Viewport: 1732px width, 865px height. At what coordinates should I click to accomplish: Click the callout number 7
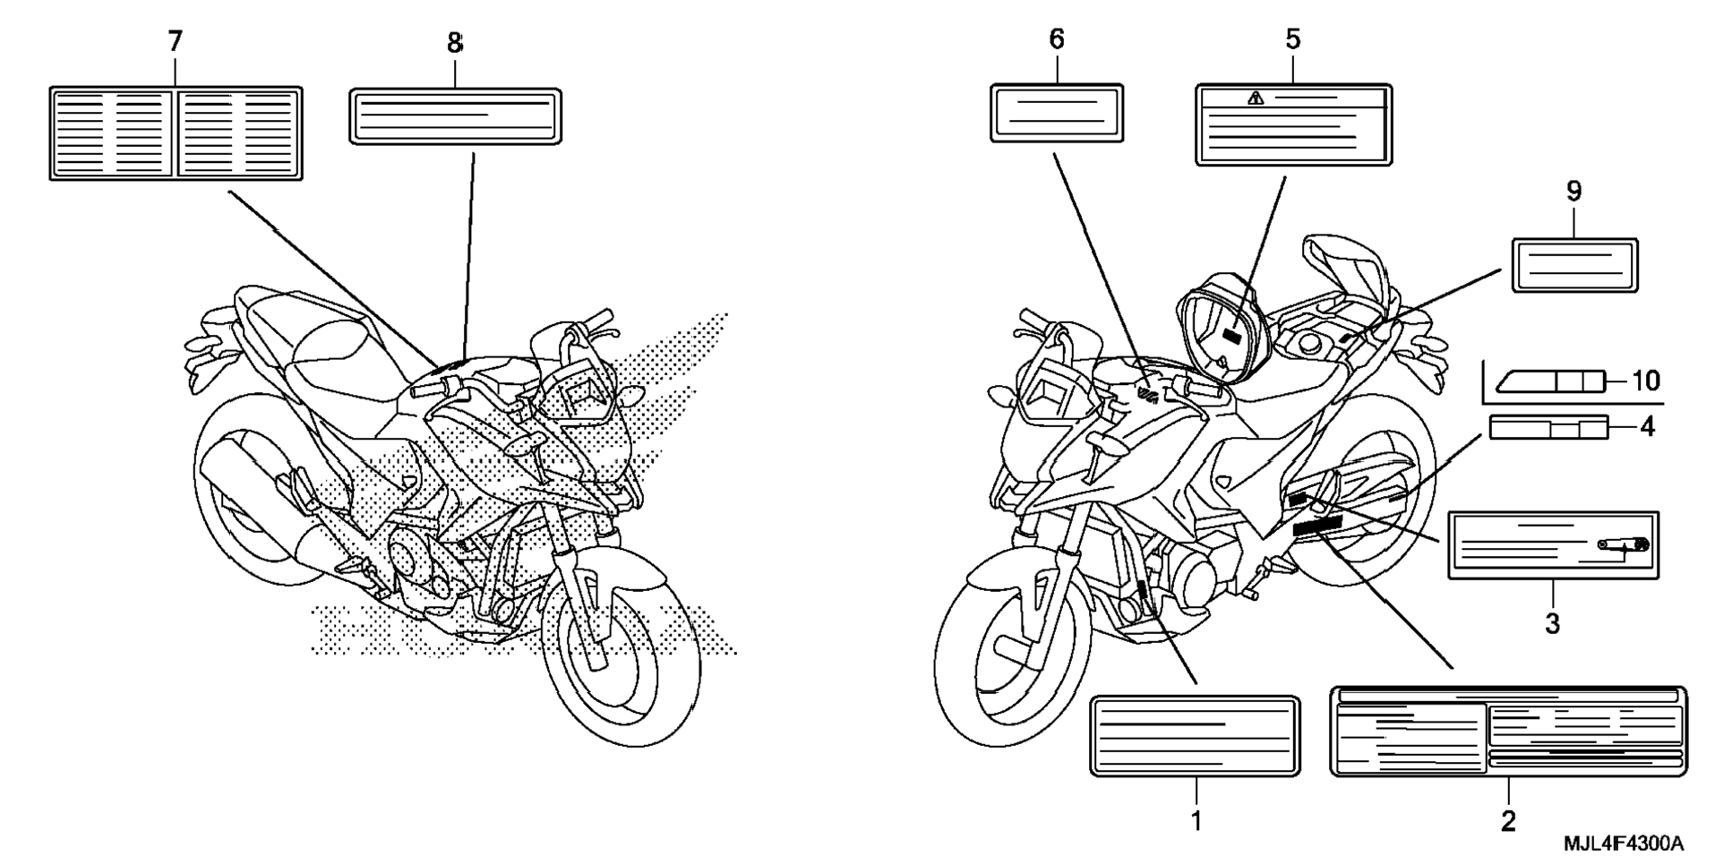click(175, 40)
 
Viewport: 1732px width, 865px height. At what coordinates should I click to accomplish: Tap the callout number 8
click(455, 42)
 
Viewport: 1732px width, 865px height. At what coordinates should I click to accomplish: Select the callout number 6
click(1057, 39)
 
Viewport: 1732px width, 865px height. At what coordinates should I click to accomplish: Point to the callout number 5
click(1292, 39)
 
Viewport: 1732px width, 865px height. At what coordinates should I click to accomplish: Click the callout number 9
click(1573, 191)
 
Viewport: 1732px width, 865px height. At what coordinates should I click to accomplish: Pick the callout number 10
click(1646, 381)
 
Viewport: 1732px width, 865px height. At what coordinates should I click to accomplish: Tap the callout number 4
click(1647, 428)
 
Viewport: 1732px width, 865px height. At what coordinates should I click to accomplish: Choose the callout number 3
click(1552, 623)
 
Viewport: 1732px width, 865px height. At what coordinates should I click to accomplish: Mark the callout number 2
click(1508, 819)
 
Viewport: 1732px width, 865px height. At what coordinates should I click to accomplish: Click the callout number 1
click(1196, 819)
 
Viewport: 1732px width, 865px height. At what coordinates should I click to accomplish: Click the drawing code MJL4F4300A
click(1624, 844)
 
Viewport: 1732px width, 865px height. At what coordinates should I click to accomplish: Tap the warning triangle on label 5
click(1255, 98)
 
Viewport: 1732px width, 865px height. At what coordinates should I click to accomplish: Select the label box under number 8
click(455, 116)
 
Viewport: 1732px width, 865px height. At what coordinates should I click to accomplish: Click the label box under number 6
click(1057, 114)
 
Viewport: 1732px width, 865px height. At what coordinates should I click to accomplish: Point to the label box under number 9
click(1574, 265)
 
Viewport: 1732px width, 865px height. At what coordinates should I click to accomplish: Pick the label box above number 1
click(1195, 736)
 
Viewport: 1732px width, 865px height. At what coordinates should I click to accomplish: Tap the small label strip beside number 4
click(1548, 428)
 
